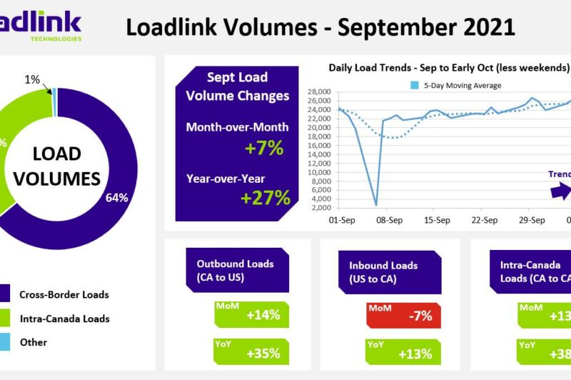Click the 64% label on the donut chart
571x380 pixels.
pyautogui.click(x=118, y=198)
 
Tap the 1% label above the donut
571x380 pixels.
pyautogui.click(x=32, y=80)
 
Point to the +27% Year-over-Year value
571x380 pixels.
pyautogui.click(x=266, y=198)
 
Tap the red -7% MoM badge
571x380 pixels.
pyautogui.click(x=404, y=315)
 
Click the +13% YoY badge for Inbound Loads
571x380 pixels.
pyautogui.click(x=404, y=352)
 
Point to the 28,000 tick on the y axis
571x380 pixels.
pyautogui.click(x=318, y=92)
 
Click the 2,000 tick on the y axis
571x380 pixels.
pyautogui.click(x=320, y=208)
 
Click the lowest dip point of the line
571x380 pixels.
pyautogui.click(x=376, y=206)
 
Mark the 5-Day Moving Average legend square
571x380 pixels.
pyautogui.click(x=415, y=86)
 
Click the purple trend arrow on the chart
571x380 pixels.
pyautogui.click(x=562, y=191)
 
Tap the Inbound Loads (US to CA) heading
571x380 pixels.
pyautogui.click(x=383, y=271)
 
